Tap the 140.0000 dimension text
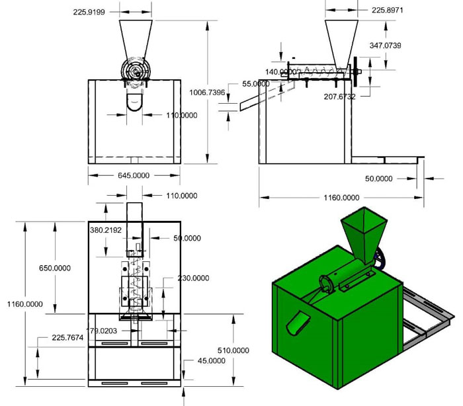pyautogui.click(x=282, y=72)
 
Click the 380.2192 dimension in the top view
pyautogui.click(x=108, y=229)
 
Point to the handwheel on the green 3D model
pyautogui.click(x=379, y=259)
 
